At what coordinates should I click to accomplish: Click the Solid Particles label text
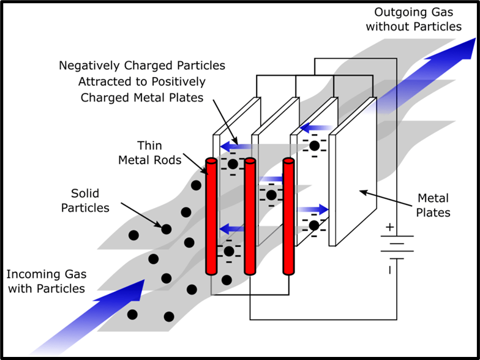85,200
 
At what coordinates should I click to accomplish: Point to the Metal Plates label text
433,206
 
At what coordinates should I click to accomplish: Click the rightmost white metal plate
353,178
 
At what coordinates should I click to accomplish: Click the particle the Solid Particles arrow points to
165,229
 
